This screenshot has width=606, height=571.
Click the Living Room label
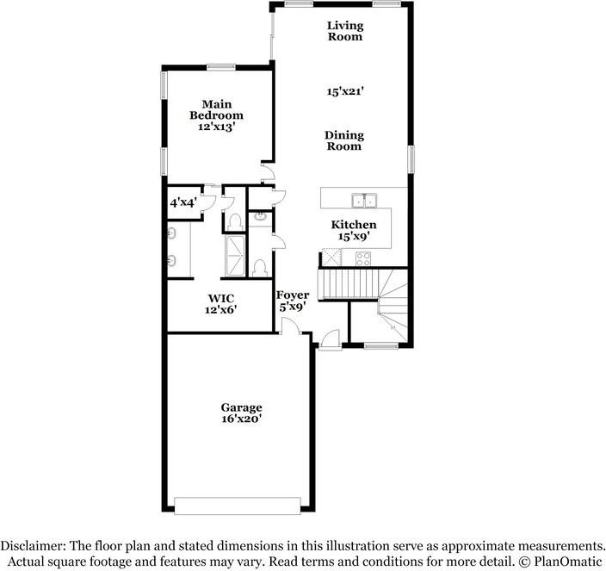(x=344, y=31)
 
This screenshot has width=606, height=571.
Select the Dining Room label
(x=344, y=140)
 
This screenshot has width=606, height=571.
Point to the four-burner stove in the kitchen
(x=363, y=258)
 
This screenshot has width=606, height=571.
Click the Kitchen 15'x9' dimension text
(x=354, y=236)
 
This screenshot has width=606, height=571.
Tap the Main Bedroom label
(x=216, y=109)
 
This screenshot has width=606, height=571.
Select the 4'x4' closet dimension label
(x=182, y=202)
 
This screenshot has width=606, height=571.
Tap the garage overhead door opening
(x=238, y=504)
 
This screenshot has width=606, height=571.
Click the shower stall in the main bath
(x=235, y=256)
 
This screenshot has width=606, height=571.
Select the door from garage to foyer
(x=292, y=327)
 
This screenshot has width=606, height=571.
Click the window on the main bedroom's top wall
(x=221, y=66)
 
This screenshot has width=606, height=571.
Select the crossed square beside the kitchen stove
(x=331, y=258)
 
